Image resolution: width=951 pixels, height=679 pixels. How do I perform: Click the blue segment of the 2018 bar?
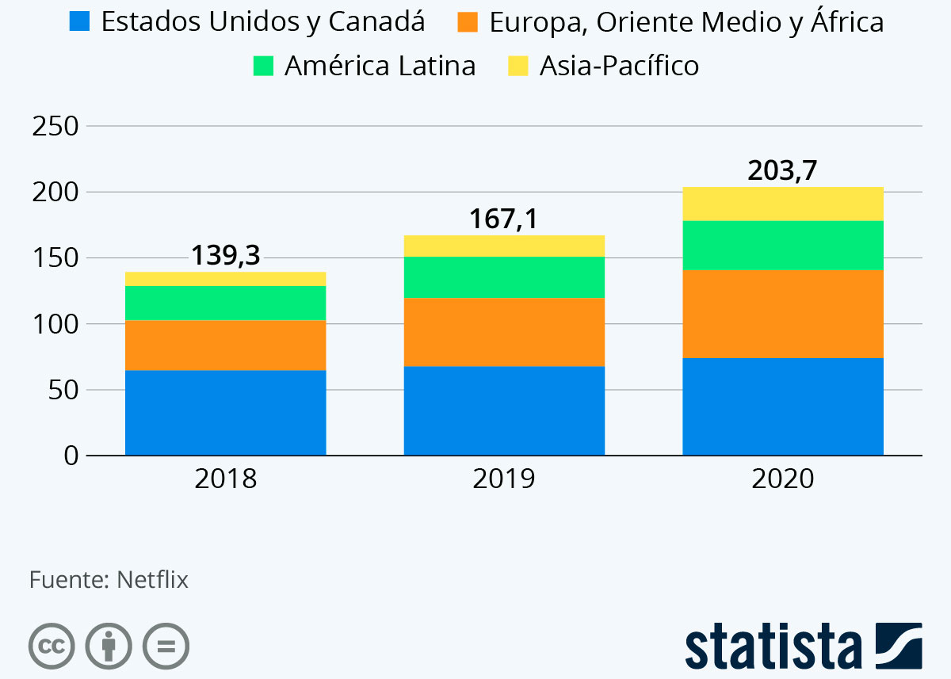tap(226, 413)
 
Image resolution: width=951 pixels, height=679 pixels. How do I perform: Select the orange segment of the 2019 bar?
tap(504, 332)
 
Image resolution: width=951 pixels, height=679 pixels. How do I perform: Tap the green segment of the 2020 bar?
tap(783, 246)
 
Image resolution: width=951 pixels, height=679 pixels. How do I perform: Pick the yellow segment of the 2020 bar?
tap(783, 204)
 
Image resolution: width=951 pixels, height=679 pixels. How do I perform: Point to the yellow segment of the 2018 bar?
tap(226, 278)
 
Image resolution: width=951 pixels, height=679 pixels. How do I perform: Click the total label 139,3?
tap(226, 255)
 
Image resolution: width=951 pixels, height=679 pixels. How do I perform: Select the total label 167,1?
tap(504, 219)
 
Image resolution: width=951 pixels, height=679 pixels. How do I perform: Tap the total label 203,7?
tap(783, 170)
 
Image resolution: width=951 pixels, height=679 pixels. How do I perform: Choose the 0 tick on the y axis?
tap(70, 456)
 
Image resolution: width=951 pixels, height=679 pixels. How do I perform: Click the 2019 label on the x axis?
tap(504, 479)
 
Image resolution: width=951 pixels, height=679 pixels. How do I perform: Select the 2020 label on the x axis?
tap(783, 479)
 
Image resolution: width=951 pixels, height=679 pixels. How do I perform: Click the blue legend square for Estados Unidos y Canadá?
tap(79, 21)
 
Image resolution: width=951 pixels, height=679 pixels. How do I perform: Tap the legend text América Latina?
tap(380, 66)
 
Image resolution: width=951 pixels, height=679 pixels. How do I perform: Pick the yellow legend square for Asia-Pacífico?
tap(518, 66)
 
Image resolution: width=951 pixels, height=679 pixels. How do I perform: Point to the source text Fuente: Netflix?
tap(109, 580)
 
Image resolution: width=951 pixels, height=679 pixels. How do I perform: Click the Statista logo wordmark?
tap(773, 647)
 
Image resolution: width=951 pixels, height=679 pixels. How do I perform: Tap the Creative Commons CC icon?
tap(52, 646)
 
